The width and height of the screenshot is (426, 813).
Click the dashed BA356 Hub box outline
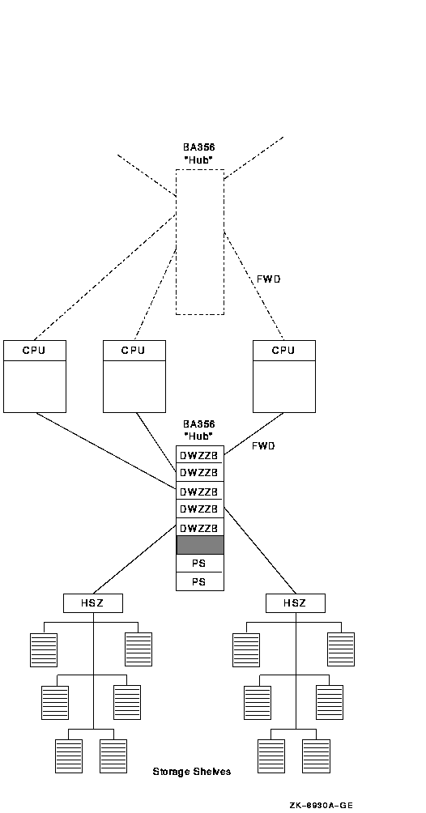176,241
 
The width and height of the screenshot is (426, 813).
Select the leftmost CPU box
35,377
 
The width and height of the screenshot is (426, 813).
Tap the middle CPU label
134,351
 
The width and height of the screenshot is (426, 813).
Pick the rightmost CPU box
283,377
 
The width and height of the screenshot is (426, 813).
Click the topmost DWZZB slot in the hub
200,455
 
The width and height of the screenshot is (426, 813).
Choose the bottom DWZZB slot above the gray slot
200,527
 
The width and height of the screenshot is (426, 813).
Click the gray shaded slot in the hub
200,545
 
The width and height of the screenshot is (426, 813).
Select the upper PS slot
200,563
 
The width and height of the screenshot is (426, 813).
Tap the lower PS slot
200,581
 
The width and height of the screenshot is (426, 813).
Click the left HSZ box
93,603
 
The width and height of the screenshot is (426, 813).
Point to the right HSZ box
296,603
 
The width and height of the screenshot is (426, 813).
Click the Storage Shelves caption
191,772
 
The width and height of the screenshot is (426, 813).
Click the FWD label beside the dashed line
269,279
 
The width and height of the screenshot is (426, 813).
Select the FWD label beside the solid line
263,446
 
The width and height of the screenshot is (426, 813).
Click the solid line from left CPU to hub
106,450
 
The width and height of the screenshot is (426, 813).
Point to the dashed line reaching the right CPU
253,286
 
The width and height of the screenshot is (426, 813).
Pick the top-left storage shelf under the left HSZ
44,649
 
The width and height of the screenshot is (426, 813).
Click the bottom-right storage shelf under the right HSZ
316,756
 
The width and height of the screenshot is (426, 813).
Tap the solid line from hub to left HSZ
134,560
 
